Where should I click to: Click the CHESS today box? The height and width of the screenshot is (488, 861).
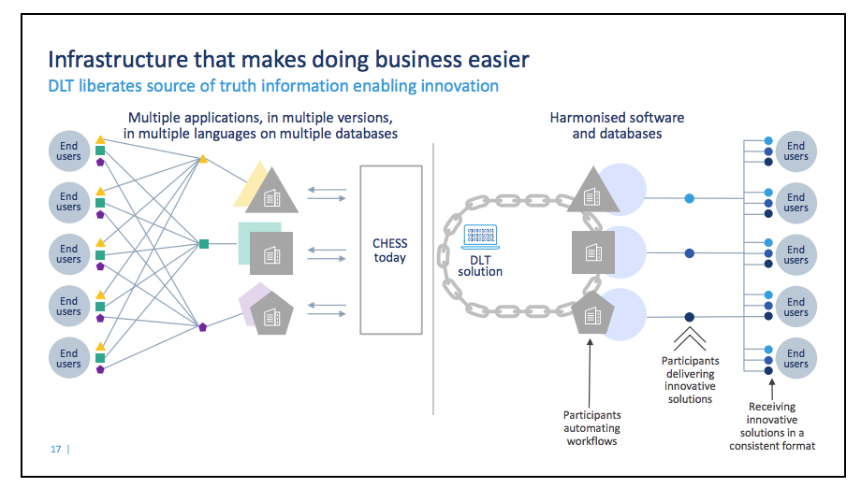pos(390,250)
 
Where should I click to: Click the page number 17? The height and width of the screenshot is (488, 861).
pos(56,450)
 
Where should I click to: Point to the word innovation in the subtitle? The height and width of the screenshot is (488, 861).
pos(458,86)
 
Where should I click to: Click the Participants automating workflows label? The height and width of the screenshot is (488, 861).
pos(591,427)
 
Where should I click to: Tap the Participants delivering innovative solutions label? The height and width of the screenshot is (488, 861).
pos(690,379)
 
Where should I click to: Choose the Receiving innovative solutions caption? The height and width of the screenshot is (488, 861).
pos(772,425)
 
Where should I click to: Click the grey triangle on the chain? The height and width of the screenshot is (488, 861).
pos(591,192)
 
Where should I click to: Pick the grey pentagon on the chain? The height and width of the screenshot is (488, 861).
pos(591,311)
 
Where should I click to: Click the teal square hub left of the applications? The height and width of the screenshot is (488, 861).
pos(204,245)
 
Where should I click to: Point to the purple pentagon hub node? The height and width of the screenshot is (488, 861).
pos(202,326)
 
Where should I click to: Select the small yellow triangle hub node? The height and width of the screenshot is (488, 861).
pos(202,159)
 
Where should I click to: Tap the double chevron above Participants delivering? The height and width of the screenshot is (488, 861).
pos(689,336)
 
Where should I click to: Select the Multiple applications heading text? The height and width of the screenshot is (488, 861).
pos(260,125)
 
